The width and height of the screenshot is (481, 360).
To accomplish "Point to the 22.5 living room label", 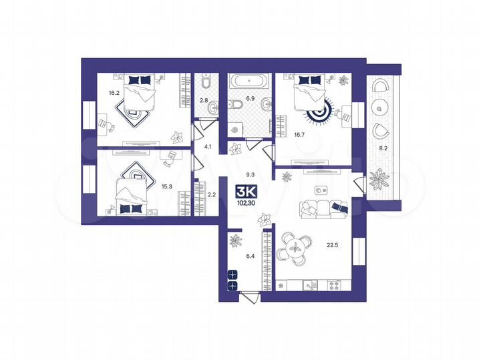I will point(331,252).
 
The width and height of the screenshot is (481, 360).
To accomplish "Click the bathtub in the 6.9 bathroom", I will point(249,83).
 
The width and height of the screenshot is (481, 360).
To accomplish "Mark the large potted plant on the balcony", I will point(381,178).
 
